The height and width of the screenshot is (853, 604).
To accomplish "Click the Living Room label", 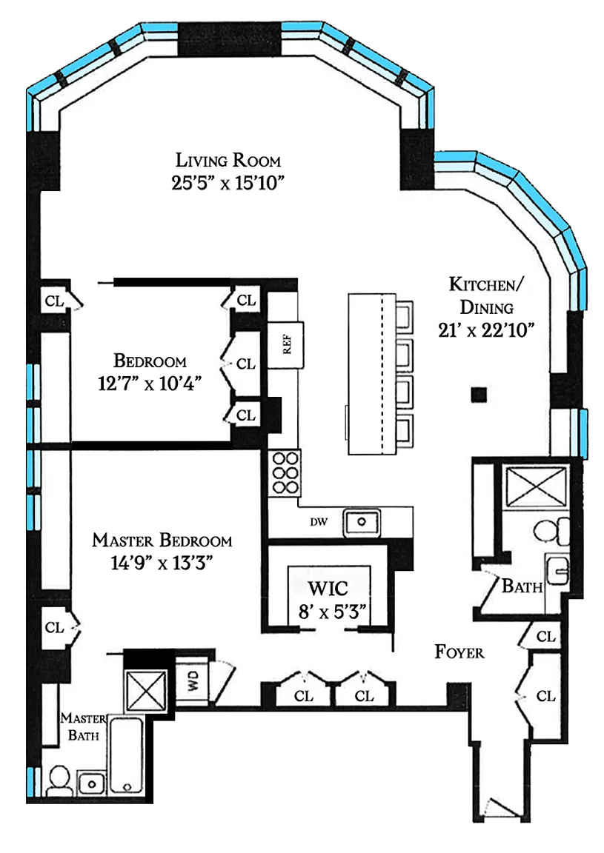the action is tap(228, 160).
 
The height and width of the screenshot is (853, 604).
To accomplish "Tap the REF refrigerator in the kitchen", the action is tap(285, 344).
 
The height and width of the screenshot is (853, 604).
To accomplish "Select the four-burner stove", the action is tap(285, 472).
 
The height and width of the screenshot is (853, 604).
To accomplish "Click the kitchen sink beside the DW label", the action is tap(361, 522).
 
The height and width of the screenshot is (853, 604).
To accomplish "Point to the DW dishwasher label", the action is tap(319, 522).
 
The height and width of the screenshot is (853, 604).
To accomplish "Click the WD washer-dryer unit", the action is tap(193, 680).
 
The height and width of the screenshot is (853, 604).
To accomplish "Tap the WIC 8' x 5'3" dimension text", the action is tap(332, 612).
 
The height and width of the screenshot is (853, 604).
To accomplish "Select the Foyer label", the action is tap(459, 652).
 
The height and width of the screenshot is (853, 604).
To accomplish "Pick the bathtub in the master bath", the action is tap(126, 755).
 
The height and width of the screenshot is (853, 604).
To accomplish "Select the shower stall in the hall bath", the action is tap(535, 486).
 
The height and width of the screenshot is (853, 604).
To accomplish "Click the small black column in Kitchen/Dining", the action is tap(479, 395).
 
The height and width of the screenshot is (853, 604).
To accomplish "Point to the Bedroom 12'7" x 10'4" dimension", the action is tap(150, 383).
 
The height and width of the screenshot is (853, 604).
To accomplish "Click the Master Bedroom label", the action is tap(162, 541).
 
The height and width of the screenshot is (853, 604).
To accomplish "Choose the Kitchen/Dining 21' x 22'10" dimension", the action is tap(486, 330).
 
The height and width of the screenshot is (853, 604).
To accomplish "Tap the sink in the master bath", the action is tap(91, 783).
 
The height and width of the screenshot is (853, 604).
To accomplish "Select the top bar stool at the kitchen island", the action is tap(404, 316).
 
